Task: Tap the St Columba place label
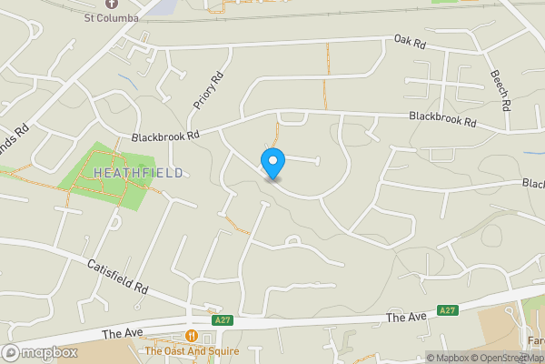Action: pos(113,17)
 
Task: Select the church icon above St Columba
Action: pos(113,4)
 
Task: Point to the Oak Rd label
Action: pos(410,42)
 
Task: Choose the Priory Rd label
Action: pos(207,92)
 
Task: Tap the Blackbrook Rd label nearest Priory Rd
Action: pos(164,136)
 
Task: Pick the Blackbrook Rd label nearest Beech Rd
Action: pos(442,118)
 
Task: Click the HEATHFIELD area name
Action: pos(137,173)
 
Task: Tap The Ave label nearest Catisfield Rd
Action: pos(121,334)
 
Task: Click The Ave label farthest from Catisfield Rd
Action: pos(405,317)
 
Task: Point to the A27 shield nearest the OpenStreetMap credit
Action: pos(447,310)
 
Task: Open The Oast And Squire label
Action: pos(192,351)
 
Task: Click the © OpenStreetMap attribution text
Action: pos(507,358)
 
